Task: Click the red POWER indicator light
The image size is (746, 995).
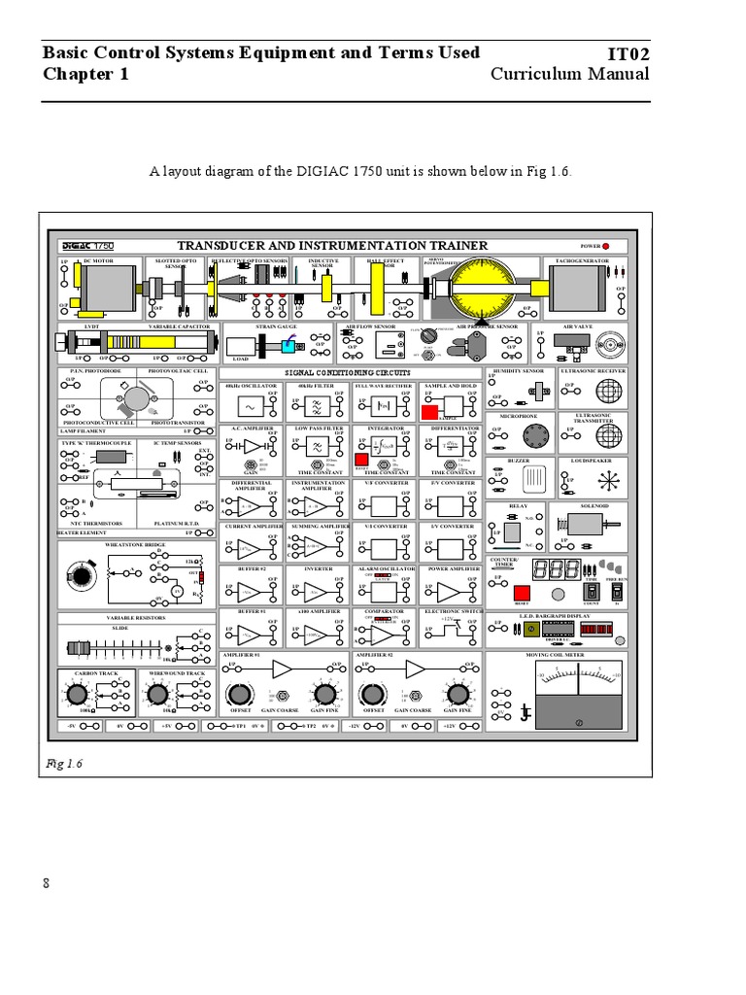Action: point(606,247)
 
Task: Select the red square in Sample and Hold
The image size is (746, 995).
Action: point(429,412)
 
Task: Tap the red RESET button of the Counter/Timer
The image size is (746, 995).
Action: point(522,594)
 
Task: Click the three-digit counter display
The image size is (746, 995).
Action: point(563,570)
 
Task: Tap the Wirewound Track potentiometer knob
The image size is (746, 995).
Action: point(159,694)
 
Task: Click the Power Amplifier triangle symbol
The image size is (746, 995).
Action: point(448,592)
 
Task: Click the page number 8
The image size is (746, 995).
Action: point(45,882)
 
